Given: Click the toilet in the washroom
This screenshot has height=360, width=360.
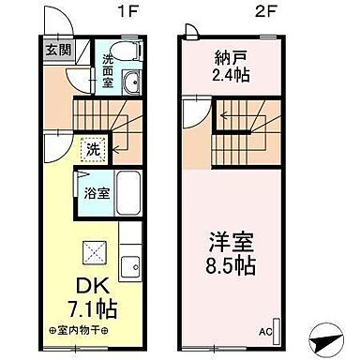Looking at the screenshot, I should [x=122, y=52].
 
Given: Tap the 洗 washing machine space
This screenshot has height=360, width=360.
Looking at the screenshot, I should [x=92, y=147].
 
